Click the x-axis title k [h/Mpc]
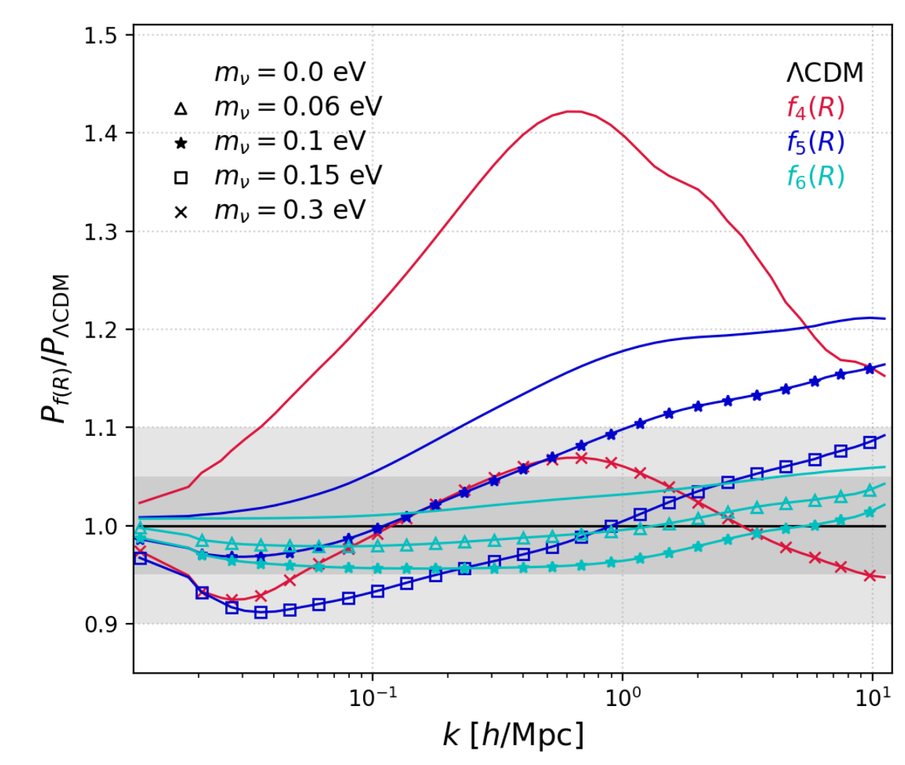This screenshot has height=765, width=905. pyautogui.click(x=513, y=735)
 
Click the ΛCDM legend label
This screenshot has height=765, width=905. pyautogui.click(x=824, y=72)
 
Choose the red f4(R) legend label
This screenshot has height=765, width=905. pyautogui.click(x=815, y=108)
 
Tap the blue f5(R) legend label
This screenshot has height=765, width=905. pyautogui.click(x=815, y=142)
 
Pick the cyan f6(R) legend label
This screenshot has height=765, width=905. pyautogui.click(x=815, y=176)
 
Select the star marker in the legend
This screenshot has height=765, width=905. pyautogui.click(x=181, y=143)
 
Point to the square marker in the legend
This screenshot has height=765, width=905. pyautogui.click(x=181, y=177)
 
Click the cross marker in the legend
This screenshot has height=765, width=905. pyautogui.click(x=181, y=212)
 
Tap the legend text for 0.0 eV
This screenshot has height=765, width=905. pyautogui.click(x=290, y=72)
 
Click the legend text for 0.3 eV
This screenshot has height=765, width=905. pyautogui.click(x=290, y=210)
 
